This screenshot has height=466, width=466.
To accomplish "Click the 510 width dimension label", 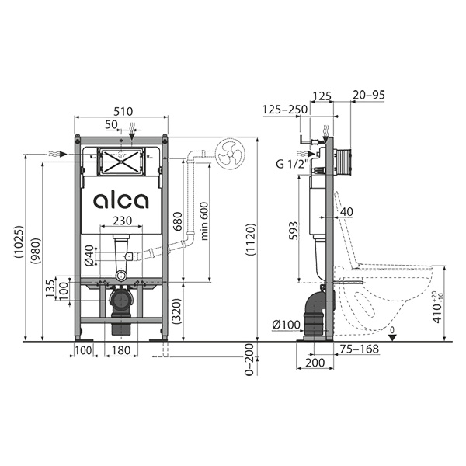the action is (x=123, y=111).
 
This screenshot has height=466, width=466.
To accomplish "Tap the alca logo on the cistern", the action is (x=121, y=201).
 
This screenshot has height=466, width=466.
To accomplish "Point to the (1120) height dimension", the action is (x=250, y=239).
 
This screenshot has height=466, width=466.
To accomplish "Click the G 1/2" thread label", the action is (x=293, y=163).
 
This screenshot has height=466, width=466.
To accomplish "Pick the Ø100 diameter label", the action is (x=286, y=325).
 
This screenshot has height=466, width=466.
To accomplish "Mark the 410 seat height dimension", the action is (x=438, y=307).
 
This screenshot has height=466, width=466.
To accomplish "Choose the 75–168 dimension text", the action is (x=360, y=349).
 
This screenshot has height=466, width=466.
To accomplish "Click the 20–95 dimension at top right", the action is (x=368, y=95).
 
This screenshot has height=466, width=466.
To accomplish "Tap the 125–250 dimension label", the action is (x=285, y=110).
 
